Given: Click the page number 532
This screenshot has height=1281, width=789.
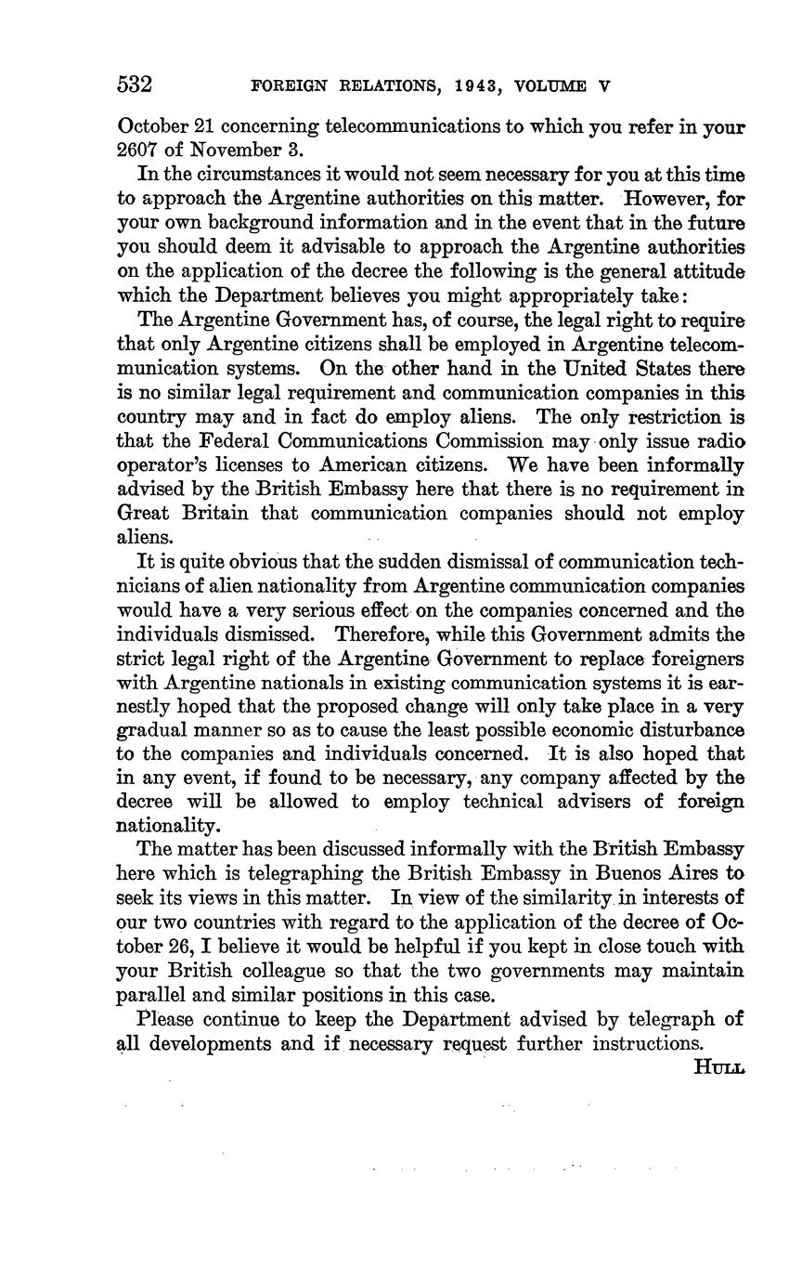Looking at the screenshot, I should tap(135, 85).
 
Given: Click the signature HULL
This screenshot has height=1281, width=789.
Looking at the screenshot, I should tap(718, 1067).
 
